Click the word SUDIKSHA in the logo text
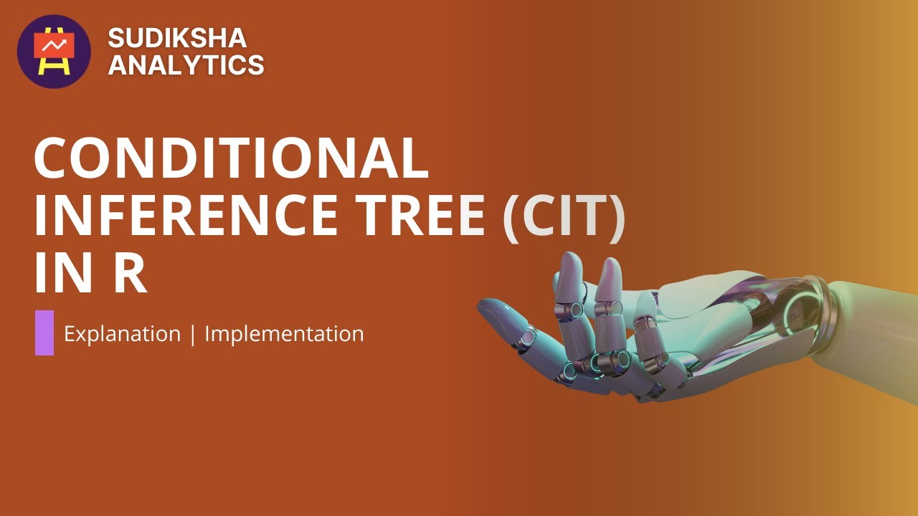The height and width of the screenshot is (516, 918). pyautogui.click(x=177, y=38)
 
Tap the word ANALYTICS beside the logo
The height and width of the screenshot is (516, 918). pyautogui.click(x=186, y=65)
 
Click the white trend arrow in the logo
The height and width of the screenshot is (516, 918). pyautogui.click(x=54, y=45)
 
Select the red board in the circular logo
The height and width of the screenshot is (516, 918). pyautogui.click(x=54, y=47)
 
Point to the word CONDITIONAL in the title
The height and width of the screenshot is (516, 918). pyautogui.click(x=231, y=158)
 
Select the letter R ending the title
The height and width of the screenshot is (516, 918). pyautogui.click(x=130, y=275)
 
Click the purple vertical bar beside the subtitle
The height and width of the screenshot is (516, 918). pyautogui.click(x=44, y=333)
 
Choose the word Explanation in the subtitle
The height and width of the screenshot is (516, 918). pyautogui.click(x=122, y=334)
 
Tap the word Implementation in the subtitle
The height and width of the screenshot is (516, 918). pyautogui.click(x=284, y=334)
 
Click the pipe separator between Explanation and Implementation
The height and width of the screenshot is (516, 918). pyautogui.click(x=193, y=334)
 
